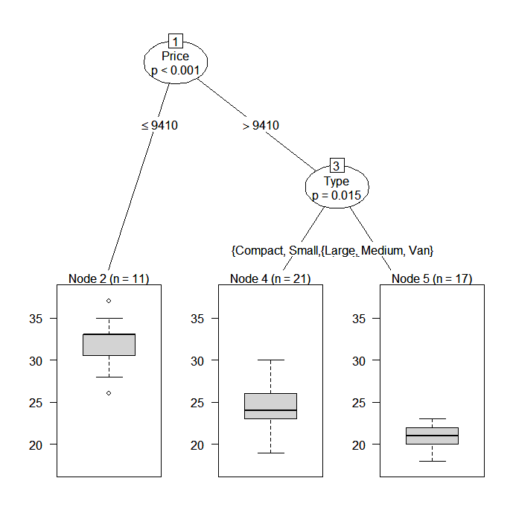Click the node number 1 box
coord(176,41)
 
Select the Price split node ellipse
coord(176,63)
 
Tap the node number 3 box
coord(337,166)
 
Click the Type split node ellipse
coord(337,188)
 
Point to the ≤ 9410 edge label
coord(159,125)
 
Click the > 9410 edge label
coord(261,125)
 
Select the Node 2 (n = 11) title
coord(109,279)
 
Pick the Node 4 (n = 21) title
coord(270,279)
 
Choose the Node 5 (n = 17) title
coord(432,279)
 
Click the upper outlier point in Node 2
coord(109,301)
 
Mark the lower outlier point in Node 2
coord(109,392)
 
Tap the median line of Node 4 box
coord(270,410)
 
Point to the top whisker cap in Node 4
coord(270,360)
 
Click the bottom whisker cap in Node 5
coord(432,461)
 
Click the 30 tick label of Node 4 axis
coord(199,360)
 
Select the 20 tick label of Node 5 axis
coord(360,445)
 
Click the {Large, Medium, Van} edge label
coord(378,251)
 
